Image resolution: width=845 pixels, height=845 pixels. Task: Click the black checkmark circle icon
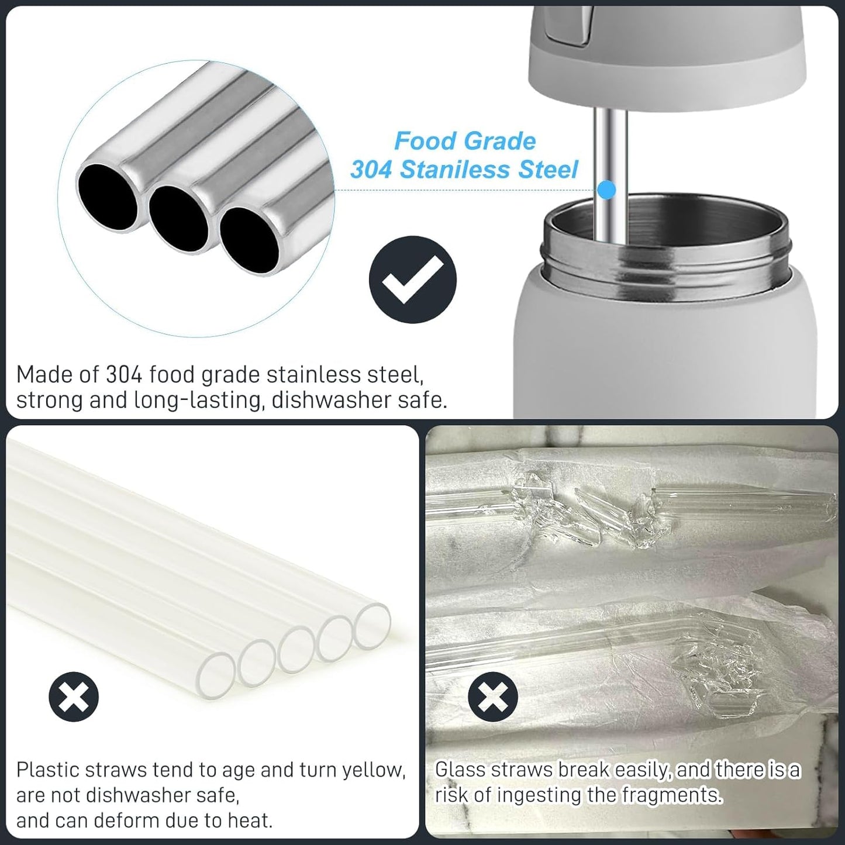[x=412, y=279]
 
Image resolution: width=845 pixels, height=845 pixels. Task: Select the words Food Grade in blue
[x=465, y=141]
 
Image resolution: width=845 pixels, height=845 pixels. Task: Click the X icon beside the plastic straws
[x=74, y=696]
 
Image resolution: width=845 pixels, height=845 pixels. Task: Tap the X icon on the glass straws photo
[x=493, y=697]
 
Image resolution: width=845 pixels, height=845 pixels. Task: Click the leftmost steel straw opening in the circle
[x=108, y=195]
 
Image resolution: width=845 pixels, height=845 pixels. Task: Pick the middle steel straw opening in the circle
[x=178, y=219]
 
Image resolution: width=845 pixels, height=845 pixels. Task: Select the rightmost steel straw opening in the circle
[x=250, y=240]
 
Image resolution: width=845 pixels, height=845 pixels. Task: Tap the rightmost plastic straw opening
[x=373, y=626]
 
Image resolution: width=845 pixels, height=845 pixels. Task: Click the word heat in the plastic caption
[x=251, y=820]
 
